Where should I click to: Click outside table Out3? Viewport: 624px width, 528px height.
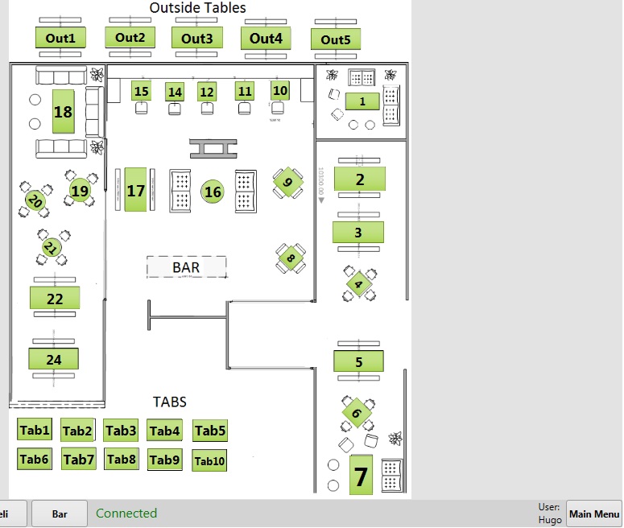pyautogui.click(x=196, y=38)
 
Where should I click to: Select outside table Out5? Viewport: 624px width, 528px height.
pyautogui.click(x=336, y=39)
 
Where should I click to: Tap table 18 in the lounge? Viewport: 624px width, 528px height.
pyautogui.click(x=63, y=112)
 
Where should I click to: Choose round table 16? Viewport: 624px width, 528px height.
pyautogui.click(x=213, y=192)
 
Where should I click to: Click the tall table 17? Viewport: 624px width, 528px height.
pyautogui.click(x=136, y=191)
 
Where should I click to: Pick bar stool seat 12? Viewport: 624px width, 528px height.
pyautogui.click(x=207, y=92)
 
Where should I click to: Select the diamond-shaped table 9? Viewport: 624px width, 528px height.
pyautogui.click(x=288, y=183)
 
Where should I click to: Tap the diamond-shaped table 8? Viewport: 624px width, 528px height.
pyautogui.click(x=291, y=258)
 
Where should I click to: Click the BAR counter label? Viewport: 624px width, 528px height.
pyautogui.click(x=186, y=266)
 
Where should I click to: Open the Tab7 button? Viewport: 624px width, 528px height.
pyautogui.click(x=79, y=460)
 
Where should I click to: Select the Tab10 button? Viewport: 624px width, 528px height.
pyautogui.click(x=209, y=461)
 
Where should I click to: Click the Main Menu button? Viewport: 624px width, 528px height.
pyautogui.click(x=594, y=514)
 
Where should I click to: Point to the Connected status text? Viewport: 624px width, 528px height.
pyautogui.click(x=126, y=514)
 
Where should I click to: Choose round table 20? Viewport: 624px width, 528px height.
pyautogui.click(x=34, y=201)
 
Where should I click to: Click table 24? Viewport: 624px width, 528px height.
pyautogui.click(x=54, y=359)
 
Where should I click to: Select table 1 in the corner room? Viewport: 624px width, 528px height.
pyautogui.click(x=362, y=101)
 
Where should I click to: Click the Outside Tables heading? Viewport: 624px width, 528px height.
pyautogui.click(x=198, y=8)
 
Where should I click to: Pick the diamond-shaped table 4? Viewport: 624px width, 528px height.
pyautogui.click(x=359, y=284)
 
